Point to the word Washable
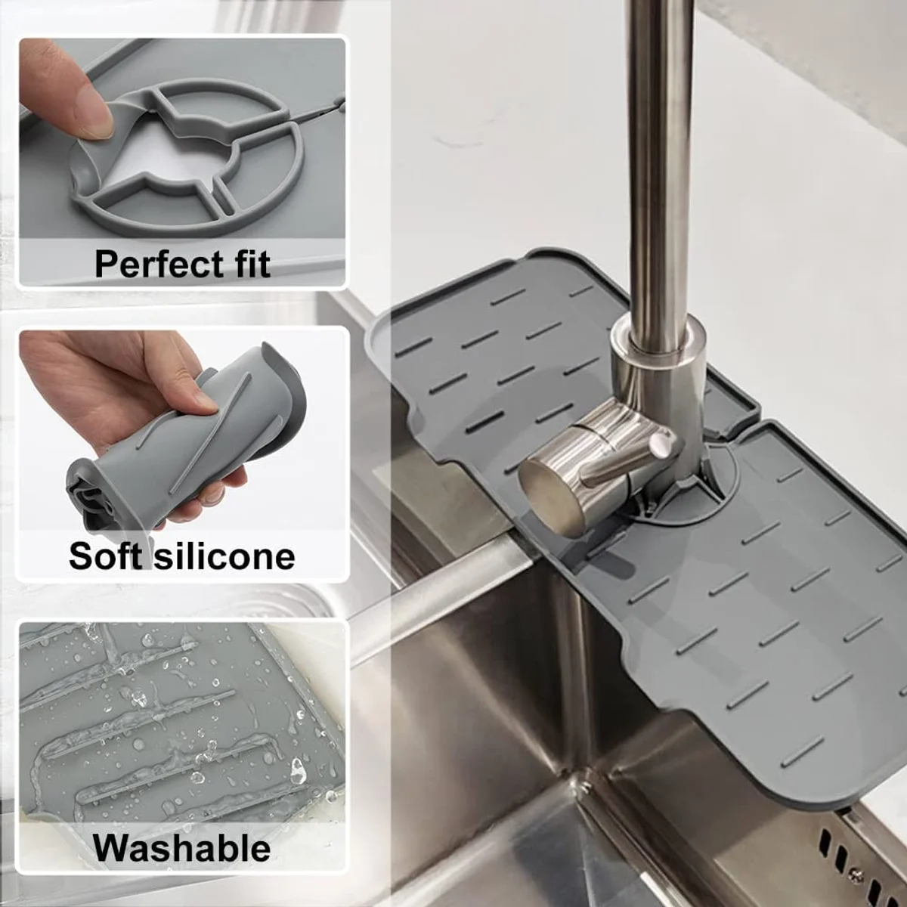(x=181, y=848)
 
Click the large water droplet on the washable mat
(x=298, y=769)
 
